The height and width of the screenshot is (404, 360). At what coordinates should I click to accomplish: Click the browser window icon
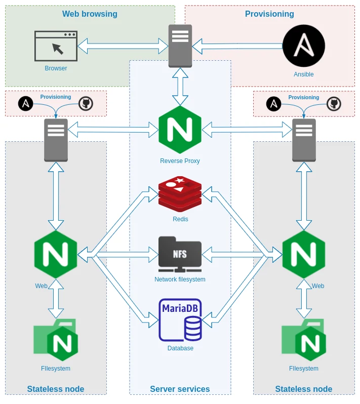(56, 46)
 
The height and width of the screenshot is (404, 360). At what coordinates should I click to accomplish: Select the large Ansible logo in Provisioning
(303, 46)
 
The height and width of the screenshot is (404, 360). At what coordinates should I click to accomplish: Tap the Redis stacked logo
(180, 194)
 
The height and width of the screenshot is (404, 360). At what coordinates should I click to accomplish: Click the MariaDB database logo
(180, 320)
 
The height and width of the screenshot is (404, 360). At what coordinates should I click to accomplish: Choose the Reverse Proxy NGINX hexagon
(180, 130)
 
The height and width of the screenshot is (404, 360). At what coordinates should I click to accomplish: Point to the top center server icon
(180, 46)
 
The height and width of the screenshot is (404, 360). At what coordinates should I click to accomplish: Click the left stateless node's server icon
(56, 140)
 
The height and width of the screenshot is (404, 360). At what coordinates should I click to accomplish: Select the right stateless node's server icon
(304, 140)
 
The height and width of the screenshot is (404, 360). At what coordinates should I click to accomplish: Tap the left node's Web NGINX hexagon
(56, 254)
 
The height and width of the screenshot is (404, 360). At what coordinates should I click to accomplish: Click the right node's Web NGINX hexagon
(304, 254)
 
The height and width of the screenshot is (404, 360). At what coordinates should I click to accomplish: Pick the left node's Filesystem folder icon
(56, 340)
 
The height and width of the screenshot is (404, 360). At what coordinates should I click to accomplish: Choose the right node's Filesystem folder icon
(304, 340)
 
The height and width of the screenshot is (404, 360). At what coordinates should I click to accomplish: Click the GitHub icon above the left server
(86, 103)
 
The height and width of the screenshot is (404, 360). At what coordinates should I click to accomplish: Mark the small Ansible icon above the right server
(273, 104)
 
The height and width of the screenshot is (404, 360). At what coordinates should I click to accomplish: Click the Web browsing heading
(90, 14)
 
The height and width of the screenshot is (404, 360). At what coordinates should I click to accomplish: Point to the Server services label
(180, 389)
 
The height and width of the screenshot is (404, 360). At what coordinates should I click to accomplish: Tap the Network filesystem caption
(180, 279)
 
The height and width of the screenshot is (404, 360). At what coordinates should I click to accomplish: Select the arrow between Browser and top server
(123, 46)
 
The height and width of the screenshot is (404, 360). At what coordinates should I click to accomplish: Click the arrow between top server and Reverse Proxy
(180, 87)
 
